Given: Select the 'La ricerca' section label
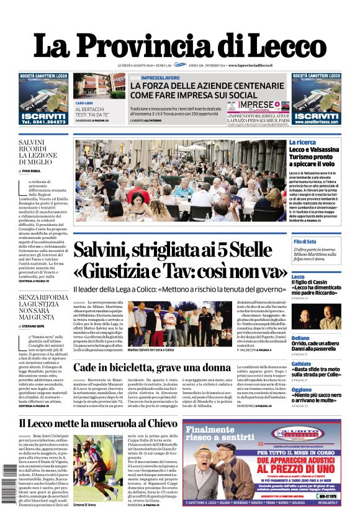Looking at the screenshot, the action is click(x=302, y=142).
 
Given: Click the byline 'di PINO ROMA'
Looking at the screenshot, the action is click(x=30, y=170).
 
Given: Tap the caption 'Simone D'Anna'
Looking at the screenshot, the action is click(x=85, y=505).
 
